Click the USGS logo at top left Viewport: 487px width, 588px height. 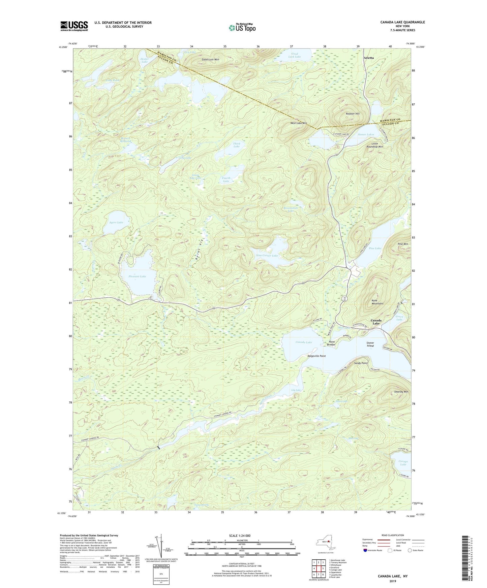[x=74, y=26]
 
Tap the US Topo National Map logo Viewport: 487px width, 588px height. [x=242, y=28]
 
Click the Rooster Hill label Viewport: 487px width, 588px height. [x=353, y=114]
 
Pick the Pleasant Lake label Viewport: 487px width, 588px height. [x=137, y=276]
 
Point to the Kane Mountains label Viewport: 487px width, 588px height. [x=377, y=302]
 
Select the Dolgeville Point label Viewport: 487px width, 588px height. [x=316, y=356]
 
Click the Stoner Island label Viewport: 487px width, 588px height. [x=370, y=344]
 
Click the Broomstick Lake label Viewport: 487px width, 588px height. [x=291, y=209]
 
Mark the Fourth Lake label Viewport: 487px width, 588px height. [x=226, y=179]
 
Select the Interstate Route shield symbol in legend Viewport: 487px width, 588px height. [x=366, y=550]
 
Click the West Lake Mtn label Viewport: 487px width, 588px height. [x=299, y=123]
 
